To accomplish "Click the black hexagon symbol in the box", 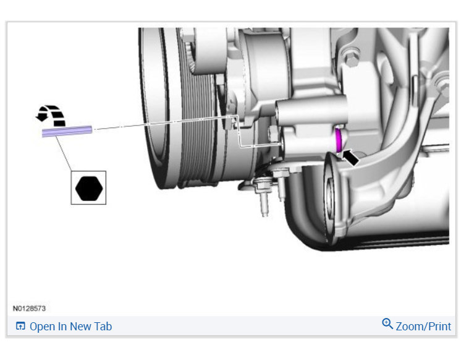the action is (x=89, y=188).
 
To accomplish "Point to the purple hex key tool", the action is (x=67, y=131).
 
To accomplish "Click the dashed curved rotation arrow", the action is (x=51, y=115).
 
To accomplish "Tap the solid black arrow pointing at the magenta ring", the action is (x=350, y=157).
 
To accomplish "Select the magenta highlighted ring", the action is (x=338, y=140).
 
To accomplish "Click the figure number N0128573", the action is (x=29, y=309).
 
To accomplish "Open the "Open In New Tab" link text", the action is (x=70, y=326).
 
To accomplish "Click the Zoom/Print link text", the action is (x=423, y=326).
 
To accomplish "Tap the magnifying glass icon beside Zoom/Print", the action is (x=387, y=324).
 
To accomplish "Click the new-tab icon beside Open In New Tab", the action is (x=20, y=326).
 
